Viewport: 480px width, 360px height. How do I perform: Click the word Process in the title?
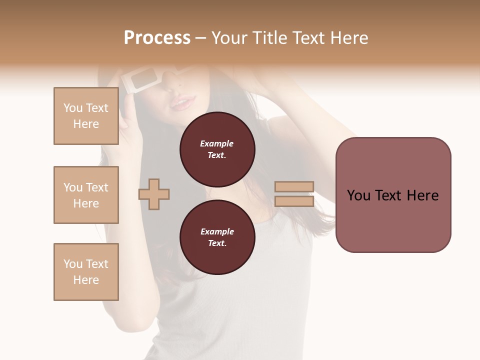point(157,38)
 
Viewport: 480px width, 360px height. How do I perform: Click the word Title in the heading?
point(272,38)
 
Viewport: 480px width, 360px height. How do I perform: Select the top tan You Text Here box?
point(86,116)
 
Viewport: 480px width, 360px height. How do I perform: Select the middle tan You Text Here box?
point(86,195)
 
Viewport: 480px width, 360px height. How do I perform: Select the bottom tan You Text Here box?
point(86,272)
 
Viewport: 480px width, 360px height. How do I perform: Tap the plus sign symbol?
point(154,194)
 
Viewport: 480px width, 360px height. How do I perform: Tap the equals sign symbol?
point(294,194)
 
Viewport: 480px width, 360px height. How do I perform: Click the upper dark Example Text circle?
point(217,149)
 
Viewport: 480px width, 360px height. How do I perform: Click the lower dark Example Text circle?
point(217,237)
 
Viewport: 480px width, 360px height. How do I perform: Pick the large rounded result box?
point(393,195)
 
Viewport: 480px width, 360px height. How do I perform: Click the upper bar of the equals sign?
point(294,187)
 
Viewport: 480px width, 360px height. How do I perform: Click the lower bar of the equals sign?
point(294,201)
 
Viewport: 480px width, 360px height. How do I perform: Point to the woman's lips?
point(182,103)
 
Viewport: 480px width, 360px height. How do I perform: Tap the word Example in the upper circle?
point(216,143)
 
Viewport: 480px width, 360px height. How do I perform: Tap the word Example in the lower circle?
point(217,231)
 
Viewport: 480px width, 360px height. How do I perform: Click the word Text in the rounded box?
point(393,195)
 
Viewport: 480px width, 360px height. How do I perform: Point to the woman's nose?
point(174,85)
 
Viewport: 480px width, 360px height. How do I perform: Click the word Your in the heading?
point(230,38)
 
